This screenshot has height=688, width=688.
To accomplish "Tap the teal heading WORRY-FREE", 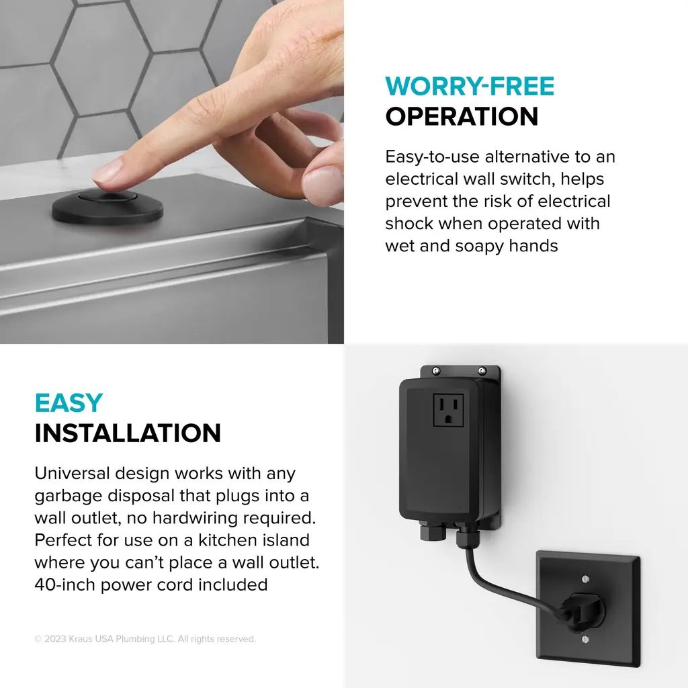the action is click(x=470, y=86).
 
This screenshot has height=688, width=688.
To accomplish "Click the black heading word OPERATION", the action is click(x=462, y=116).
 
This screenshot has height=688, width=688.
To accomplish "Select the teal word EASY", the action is click(x=69, y=403).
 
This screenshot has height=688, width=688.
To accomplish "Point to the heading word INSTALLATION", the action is click(x=128, y=433).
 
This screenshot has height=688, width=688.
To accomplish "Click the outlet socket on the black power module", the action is click(x=448, y=411).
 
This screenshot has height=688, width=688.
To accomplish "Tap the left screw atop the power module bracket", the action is click(x=435, y=371).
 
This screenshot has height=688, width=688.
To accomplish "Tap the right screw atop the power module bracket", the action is click(x=482, y=371).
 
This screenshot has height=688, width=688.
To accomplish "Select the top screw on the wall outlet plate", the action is click(x=585, y=579).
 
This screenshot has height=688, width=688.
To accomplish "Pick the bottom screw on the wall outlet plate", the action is click(x=585, y=640).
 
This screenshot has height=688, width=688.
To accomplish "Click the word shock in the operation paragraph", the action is click(x=409, y=223).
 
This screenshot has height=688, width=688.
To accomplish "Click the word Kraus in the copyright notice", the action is click(x=81, y=639).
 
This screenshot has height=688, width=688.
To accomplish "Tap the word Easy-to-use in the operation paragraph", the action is click(x=432, y=157).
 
